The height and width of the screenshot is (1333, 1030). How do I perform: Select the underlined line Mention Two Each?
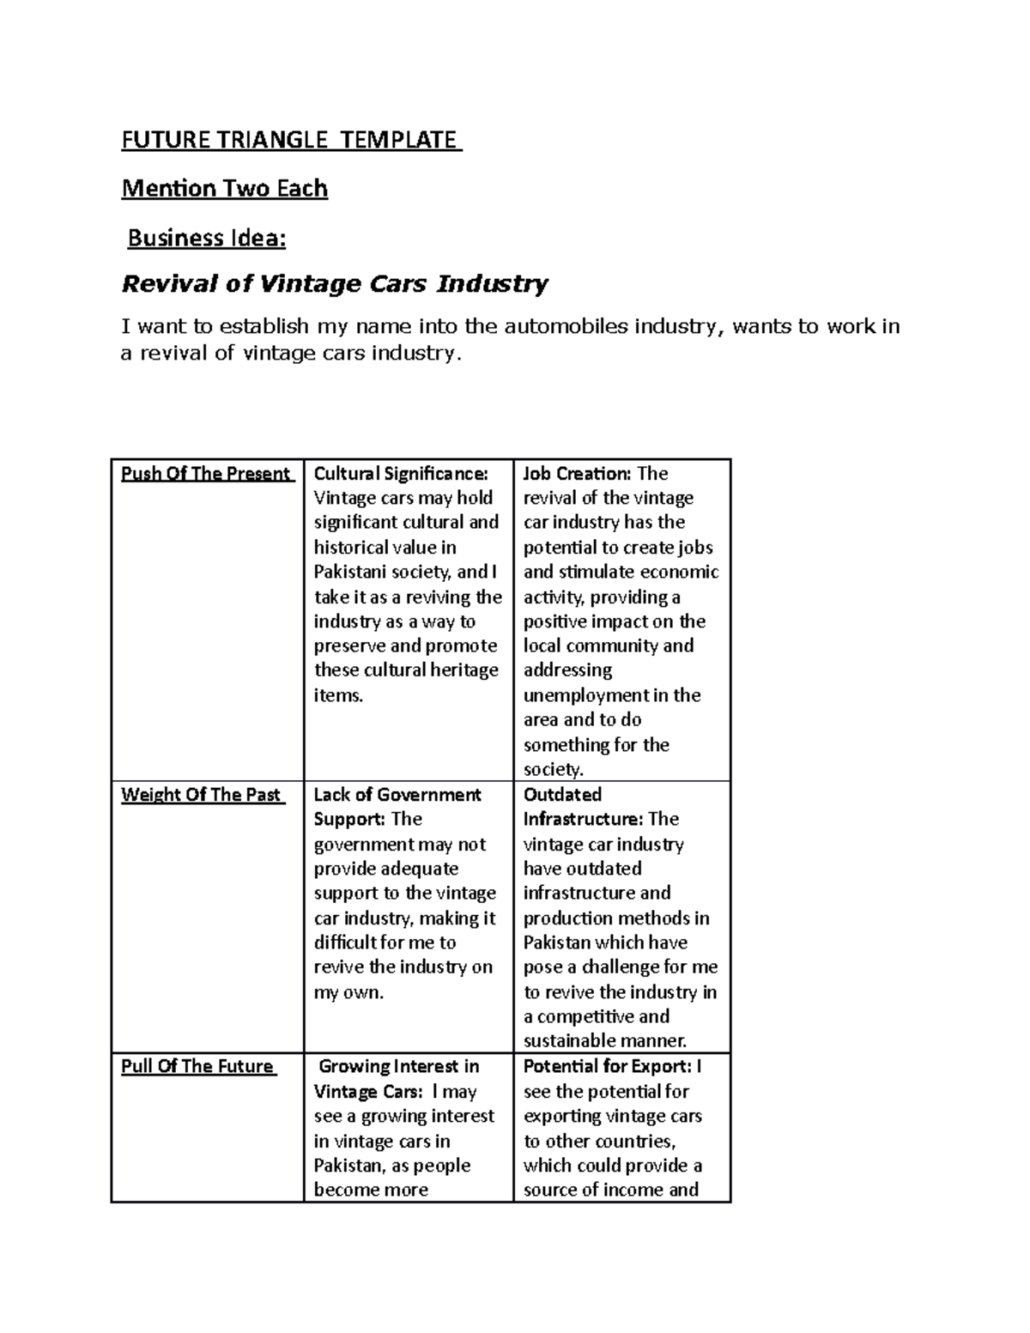point(225,188)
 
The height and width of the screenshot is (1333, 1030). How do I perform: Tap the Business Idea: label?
point(206,238)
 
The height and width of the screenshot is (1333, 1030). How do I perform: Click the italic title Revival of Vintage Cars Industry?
point(335,283)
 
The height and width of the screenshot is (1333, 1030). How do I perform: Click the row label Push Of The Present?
point(206,474)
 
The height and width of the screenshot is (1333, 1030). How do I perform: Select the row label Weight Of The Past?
point(202,795)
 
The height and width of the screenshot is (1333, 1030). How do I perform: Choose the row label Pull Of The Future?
point(197,1067)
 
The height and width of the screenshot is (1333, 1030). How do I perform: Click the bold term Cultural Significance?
point(401,474)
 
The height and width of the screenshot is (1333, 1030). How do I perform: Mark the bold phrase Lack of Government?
point(397,795)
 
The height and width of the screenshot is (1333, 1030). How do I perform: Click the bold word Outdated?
point(562,795)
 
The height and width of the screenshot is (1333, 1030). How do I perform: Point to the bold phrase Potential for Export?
point(607,1067)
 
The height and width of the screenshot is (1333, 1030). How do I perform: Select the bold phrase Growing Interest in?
point(399,1067)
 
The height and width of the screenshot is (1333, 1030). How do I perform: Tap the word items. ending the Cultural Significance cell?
point(338,695)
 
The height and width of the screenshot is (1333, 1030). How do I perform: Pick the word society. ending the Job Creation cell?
point(553,770)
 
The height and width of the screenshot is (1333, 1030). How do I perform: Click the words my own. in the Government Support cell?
point(348,993)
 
